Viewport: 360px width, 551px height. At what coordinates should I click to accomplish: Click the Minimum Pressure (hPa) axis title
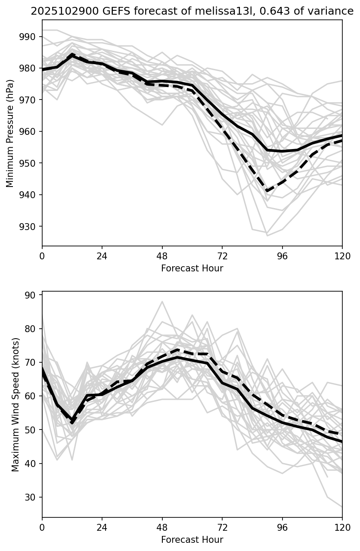click(10, 133)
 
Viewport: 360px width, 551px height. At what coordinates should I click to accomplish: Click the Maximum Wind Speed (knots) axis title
click(16, 405)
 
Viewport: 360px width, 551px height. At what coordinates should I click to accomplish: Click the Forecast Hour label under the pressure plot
click(192, 268)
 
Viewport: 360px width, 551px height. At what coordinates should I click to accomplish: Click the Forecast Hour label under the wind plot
click(192, 540)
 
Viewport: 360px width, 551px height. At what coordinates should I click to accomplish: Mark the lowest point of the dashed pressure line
click(267, 190)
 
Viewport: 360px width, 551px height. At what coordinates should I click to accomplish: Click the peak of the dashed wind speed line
click(177, 349)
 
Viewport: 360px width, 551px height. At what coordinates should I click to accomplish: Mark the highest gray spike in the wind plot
click(162, 302)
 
